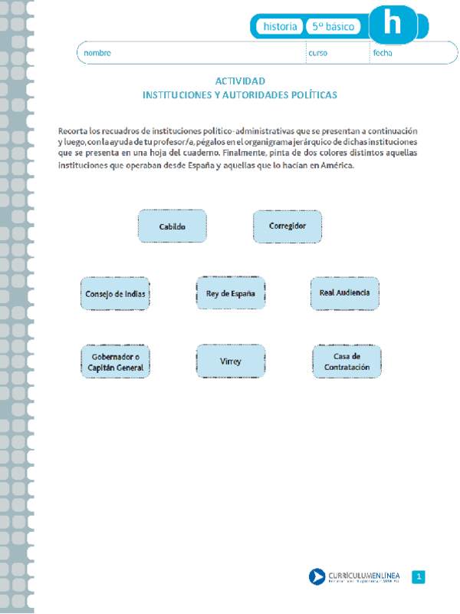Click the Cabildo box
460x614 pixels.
[172, 226]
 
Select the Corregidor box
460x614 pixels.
[287, 226]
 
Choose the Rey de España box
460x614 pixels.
[231, 293]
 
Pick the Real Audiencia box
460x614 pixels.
[345, 293]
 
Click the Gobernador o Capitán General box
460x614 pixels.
[115, 361]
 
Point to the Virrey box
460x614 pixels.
[231, 361]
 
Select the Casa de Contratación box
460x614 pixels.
[347, 361]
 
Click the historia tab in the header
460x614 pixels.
[280, 26]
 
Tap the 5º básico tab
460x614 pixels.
[333, 26]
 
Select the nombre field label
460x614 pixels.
[97, 53]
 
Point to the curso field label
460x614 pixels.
[317, 53]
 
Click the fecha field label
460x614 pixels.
[383, 53]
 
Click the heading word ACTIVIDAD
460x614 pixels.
[240, 81]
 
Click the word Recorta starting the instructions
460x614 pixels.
[74, 131]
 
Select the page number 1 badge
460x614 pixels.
[419, 576]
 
